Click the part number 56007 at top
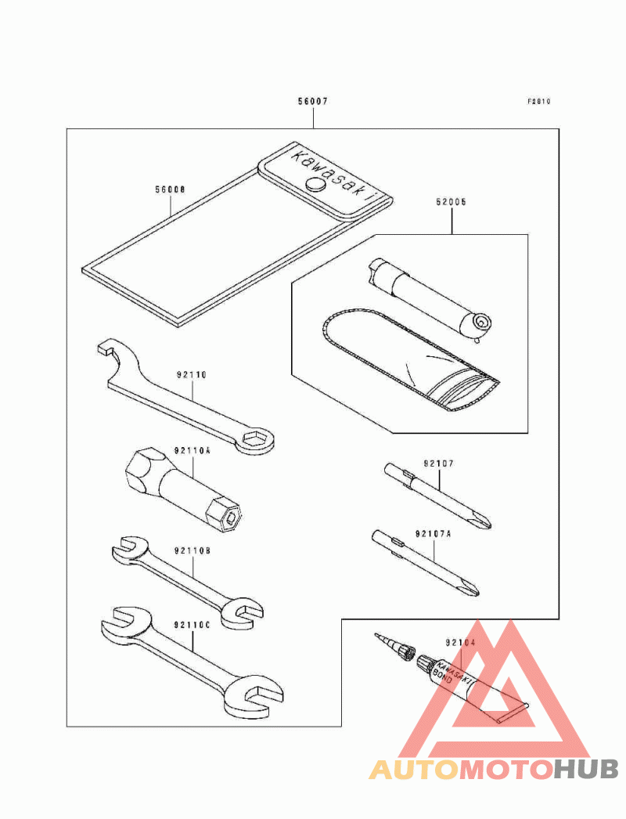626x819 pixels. [x=312, y=102]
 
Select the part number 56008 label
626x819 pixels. [x=170, y=190]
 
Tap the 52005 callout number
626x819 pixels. [x=451, y=201]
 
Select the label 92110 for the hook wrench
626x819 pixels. [x=191, y=375]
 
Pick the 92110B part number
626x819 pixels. [x=192, y=551]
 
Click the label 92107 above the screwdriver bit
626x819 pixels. [x=439, y=464]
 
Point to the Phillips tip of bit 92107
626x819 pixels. [x=485, y=521]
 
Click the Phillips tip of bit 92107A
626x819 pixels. [x=471, y=589]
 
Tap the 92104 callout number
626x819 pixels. [x=461, y=643]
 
